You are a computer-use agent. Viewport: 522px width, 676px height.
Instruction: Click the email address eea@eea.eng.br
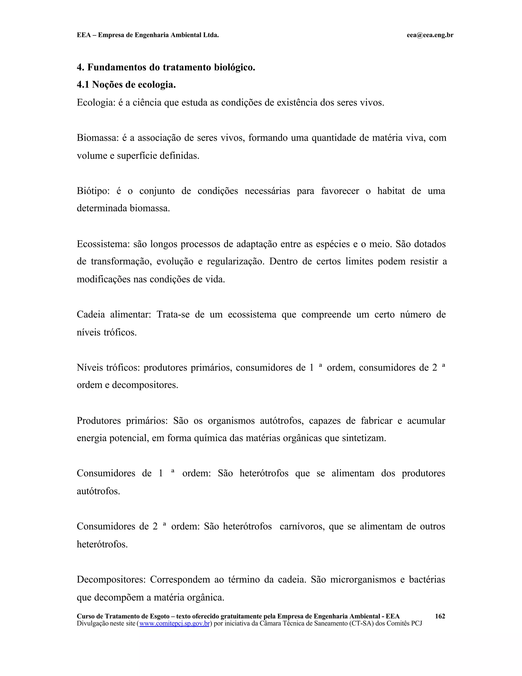pyautogui.click(x=430, y=35)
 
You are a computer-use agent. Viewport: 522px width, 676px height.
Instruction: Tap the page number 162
pyautogui.click(x=440, y=616)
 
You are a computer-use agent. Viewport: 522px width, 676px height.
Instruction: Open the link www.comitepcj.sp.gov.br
pyautogui.click(x=174, y=623)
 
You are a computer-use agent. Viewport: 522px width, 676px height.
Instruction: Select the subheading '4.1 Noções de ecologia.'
pyautogui.click(x=126, y=84)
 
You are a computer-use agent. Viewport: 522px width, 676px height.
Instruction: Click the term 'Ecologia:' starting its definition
pyautogui.click(x=96, y=103)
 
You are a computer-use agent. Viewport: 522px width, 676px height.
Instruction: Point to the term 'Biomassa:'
pyautogui.click(x=98, y=137)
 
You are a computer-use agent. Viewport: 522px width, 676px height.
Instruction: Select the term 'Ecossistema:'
pyautogui.click(x=103, y=244)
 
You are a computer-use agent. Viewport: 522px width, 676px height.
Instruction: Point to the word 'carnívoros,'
pyautogui.click(x=302, y=526)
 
